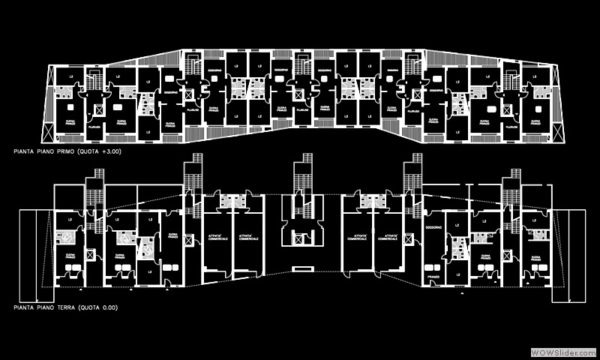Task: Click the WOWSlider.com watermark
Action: click(562, 352)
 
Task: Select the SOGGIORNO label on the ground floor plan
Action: click(433, 226)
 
